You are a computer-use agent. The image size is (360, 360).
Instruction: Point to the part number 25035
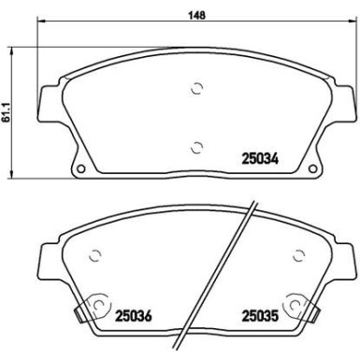262,314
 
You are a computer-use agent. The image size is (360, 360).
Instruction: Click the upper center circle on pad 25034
196,89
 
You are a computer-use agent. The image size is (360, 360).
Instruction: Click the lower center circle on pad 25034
196,147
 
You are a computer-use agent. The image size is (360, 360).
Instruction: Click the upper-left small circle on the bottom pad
94,254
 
